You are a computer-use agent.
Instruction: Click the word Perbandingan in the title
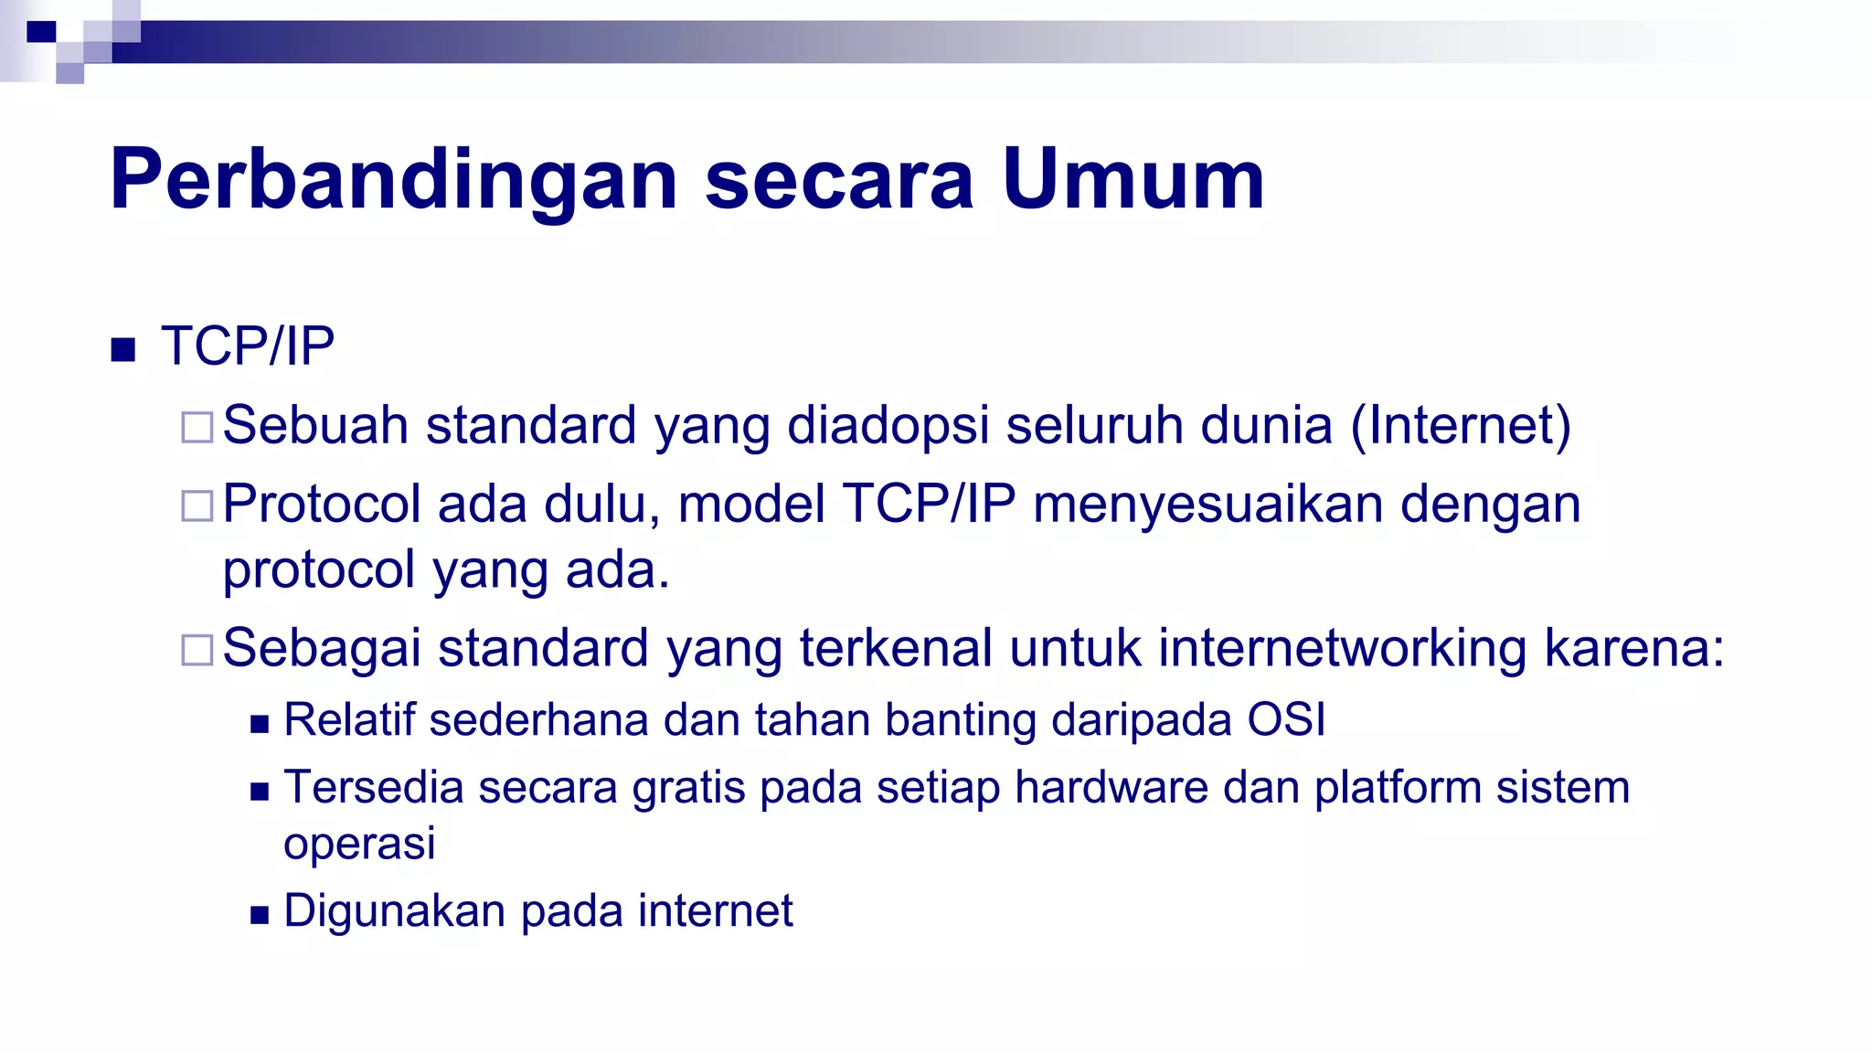393,180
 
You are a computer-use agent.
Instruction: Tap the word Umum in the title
1133,180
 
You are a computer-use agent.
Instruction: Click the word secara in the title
839,180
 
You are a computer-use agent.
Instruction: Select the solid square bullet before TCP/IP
122,349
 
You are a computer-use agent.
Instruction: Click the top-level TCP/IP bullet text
248,346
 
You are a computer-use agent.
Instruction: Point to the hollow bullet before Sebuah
197,427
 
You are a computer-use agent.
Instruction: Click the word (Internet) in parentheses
1461,425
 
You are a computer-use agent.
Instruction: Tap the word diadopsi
888,425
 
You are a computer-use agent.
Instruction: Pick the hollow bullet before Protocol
197,505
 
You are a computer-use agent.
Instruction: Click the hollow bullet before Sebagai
197,650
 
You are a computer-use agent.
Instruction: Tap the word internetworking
1342,648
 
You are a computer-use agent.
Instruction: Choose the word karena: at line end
1633,648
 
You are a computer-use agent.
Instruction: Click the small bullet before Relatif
260,725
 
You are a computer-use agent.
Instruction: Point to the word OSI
1286,719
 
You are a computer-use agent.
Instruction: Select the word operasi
359,843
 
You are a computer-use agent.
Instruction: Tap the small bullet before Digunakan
260,915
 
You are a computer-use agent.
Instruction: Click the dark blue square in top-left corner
41,33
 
